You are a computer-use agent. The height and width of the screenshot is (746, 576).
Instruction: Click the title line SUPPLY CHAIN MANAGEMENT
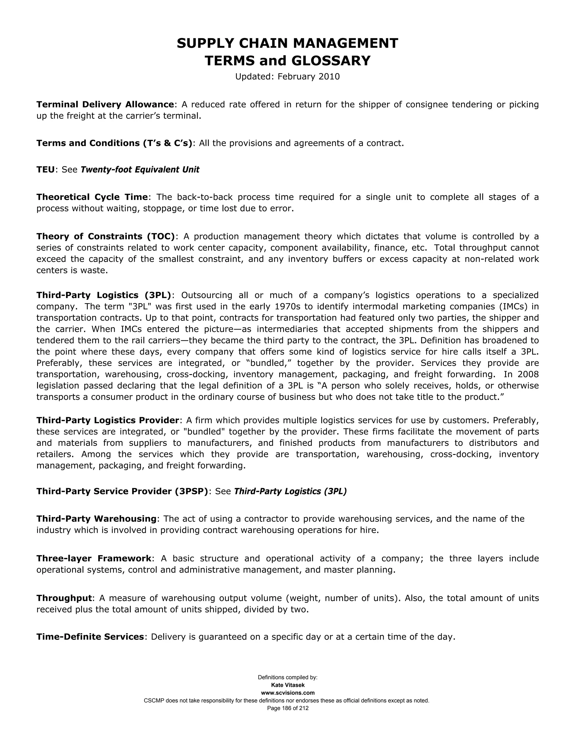287,43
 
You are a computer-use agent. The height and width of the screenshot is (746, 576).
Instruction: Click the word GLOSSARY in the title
331,61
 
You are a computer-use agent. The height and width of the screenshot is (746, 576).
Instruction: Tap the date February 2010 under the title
309,77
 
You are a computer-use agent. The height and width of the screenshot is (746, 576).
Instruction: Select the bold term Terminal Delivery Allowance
105,104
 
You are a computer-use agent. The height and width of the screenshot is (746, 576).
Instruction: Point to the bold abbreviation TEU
45,170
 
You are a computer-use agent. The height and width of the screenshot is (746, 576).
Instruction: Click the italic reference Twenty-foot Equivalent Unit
140,170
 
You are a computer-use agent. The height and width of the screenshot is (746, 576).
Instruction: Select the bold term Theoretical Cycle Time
92,197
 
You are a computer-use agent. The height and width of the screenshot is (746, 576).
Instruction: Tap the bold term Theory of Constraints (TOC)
105,236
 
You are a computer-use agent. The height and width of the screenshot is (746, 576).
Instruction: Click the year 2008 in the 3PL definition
528,374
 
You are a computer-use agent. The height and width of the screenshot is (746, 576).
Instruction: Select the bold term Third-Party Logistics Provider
107,420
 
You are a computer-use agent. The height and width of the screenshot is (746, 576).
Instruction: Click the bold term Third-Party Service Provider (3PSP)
122,491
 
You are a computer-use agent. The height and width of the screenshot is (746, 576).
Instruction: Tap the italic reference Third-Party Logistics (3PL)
290,491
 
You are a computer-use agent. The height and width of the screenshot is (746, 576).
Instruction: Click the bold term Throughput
64,598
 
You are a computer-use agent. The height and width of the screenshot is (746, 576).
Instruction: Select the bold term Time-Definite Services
90,637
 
